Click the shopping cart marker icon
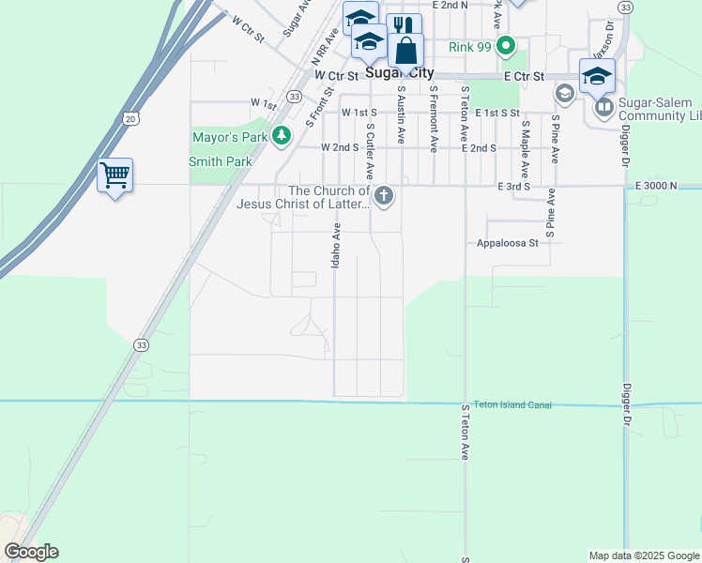[x=114, y=175]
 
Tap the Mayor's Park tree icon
[x=282, y=137]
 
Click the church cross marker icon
[x=383, y=196]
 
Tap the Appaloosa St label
[x=507, y=243]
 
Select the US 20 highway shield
[x=130, y=117]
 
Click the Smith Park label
[x=221, y=161]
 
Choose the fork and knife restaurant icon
[x=404, y=25]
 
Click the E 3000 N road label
[x=656, y=186]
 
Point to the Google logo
[x=31, y=552]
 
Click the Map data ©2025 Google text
[x=643, y=555]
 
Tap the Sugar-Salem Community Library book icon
[x=602, y=108]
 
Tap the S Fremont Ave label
[x=434, y=119]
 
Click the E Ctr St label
[x=524, y=76]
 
